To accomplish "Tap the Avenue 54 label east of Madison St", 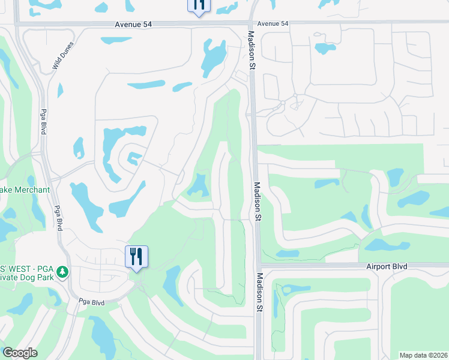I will (273, 23).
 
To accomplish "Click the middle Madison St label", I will (256, 202).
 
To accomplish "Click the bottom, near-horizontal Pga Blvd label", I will (92, 303).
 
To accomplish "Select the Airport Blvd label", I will (387, 266).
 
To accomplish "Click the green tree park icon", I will (62, 273).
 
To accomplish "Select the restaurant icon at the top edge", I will (199, 5).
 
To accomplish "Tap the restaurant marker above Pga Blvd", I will (136, 257).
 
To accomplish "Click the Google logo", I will (20, 353).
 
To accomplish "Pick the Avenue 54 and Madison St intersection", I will (250, 23).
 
